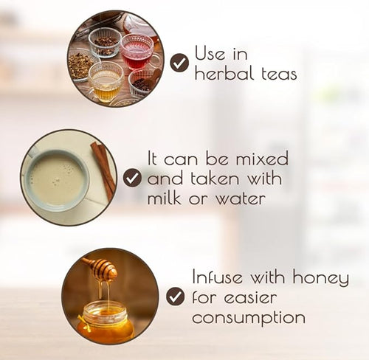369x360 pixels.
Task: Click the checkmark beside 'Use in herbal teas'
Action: [180, 63]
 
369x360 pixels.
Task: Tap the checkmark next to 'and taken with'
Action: [132, 178]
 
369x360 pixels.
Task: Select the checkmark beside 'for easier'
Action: [175, 297]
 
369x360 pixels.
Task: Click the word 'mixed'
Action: [262, 159]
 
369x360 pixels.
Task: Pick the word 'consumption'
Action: [249, 318]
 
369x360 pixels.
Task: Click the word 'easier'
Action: [250, 297]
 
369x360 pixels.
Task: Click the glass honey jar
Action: [106, 319]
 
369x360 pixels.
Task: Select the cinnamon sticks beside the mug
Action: [103, 171]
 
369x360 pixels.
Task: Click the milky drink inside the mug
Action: [58, 180]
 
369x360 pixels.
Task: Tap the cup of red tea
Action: [138, 52]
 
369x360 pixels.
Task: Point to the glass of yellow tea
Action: [106, 83]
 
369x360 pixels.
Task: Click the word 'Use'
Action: [210, 52]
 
